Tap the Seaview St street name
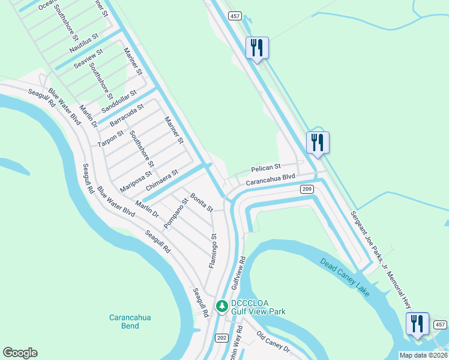coord(89,59)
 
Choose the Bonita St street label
coord(202,202)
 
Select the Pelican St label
coord(266,167)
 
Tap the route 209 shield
coord(306,189)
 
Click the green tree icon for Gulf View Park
coord(222,307)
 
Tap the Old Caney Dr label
coord(273,341)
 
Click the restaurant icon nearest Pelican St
coord(318,142)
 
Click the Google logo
coord(20,353)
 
